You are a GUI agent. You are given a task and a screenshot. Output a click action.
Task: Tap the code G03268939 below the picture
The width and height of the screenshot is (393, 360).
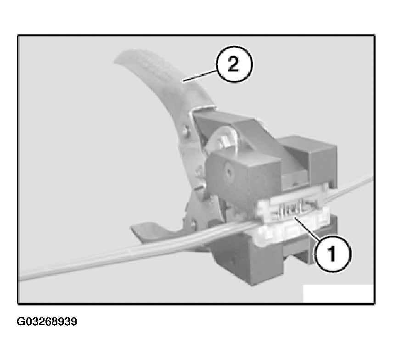47,321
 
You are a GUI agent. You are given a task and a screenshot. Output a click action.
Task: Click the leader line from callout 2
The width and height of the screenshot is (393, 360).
200,76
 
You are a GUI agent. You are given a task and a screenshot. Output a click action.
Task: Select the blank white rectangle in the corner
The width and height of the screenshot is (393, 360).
338,294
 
